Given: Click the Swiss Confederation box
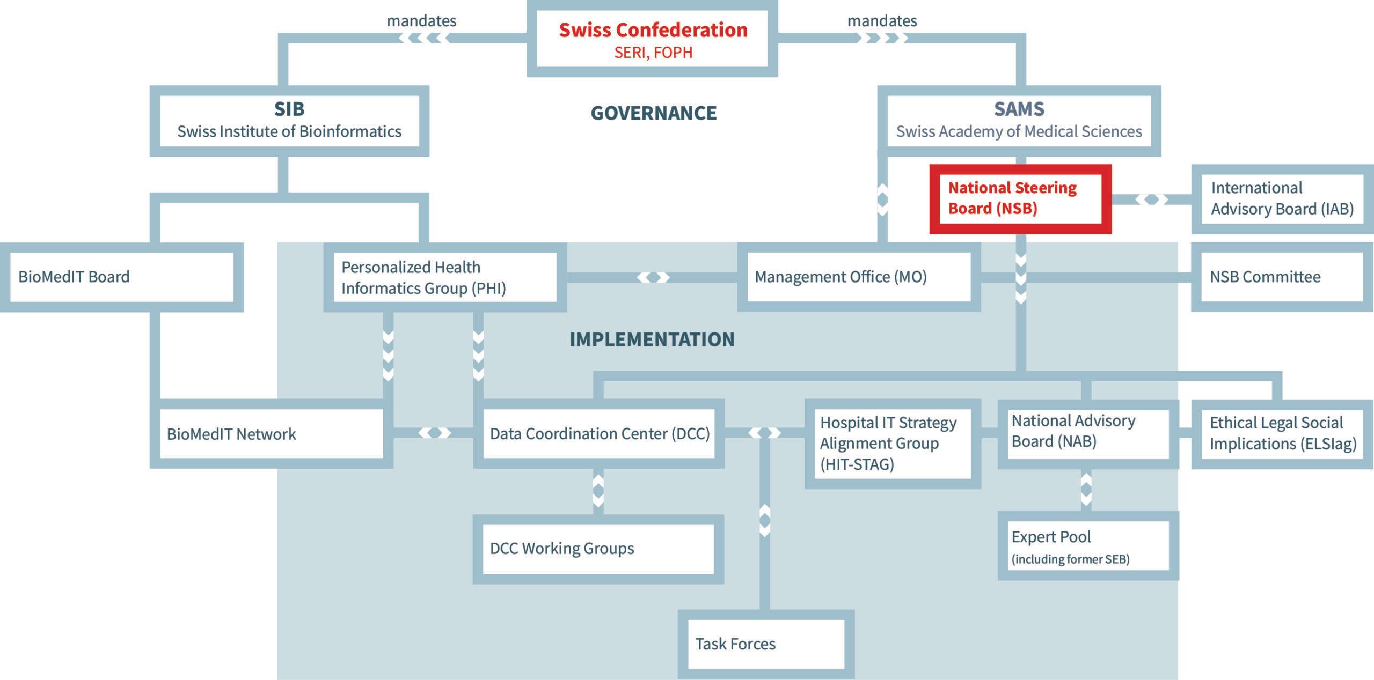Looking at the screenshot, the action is point(652,39).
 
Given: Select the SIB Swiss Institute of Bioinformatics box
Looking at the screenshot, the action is point(289,121).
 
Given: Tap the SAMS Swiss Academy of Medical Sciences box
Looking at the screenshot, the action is point(1019,121).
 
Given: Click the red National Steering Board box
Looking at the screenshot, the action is point(1020,199).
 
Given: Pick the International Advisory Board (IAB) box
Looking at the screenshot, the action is point(1283,199).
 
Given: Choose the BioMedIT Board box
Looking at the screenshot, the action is point(122,277).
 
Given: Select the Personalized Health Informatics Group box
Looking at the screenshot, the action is point(445,277).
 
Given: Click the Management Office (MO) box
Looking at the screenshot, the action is point(859,277).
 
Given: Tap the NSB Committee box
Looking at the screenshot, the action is point(1283,277).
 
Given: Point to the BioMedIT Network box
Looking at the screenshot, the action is point(272,434).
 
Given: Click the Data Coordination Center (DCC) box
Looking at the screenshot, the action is point(599,434).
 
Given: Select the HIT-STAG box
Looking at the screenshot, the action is point(893,444).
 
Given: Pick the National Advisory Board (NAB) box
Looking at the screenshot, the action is point(1088,434).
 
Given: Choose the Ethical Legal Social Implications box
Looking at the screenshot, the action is point(1283,434).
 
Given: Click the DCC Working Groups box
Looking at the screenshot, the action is point(598,549).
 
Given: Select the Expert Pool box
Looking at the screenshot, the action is point(1088,545).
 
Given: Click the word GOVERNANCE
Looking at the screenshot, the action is point(654,113).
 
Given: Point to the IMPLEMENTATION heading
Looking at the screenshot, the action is point(652,339).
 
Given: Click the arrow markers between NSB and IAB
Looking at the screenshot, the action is point(1151,199).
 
